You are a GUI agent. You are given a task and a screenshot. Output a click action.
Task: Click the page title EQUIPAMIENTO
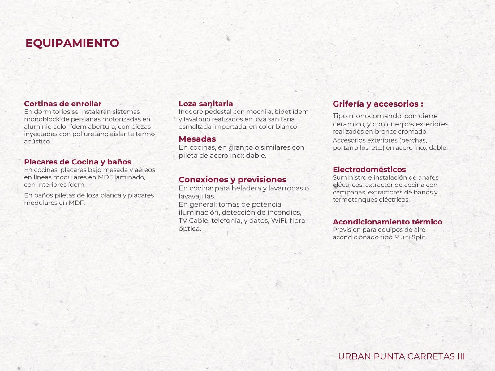click(72, 43)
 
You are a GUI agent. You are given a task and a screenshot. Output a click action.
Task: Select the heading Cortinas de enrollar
click(63, 104)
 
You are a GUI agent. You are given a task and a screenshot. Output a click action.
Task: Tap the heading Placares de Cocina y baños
click(77, 162)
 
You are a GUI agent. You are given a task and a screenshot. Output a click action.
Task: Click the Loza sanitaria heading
click(206, 104)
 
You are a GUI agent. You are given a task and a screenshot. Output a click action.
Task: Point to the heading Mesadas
click(197, 139)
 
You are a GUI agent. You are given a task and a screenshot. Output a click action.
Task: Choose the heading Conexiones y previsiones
click(232, 180)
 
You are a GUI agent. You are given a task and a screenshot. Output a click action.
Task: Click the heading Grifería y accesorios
click(378, 104)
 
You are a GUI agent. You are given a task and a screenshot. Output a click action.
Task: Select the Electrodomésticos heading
click(369, 170)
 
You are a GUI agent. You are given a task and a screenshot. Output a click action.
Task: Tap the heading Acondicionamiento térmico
click(387, 222)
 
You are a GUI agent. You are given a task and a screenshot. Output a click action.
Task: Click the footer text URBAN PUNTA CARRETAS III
click(401, 356)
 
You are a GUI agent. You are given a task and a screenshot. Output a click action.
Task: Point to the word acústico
click(37, 142)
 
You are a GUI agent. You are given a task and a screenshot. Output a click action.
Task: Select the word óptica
click(190, 229)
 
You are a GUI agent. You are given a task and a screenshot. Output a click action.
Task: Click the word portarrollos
click(351, 148)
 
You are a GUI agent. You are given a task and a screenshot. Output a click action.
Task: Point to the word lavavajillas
click(197, 196)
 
